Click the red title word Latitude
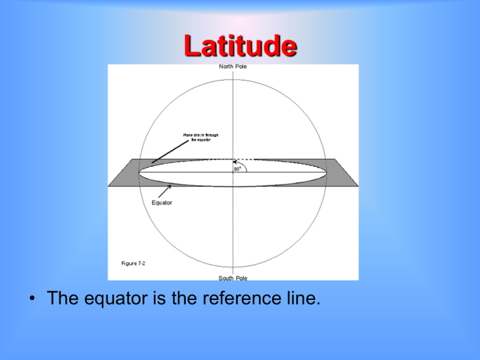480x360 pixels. (x=240, y=46)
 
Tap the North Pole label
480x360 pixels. (x=232, y=67)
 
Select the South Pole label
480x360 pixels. (x=232, y=277)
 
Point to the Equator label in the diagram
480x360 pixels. (x=162, y=202)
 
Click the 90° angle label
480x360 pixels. (x=238, y=169)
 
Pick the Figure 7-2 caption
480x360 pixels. (x=133, y=263)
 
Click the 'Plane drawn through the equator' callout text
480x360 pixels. (x=201, y=137)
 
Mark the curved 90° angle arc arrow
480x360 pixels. (x=246, y=165)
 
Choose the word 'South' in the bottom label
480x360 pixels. (x=225, y=277)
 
